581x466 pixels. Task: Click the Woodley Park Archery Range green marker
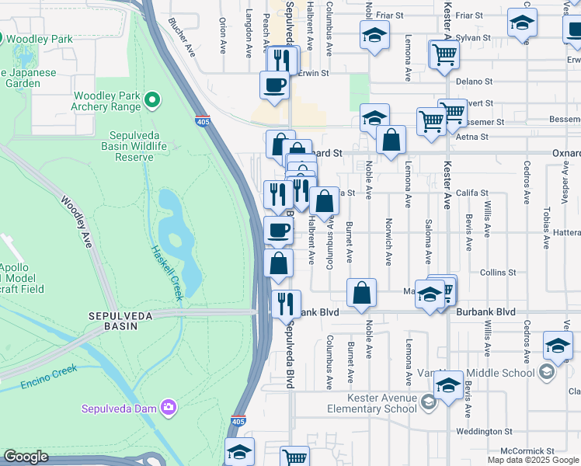click(x=152, y=99)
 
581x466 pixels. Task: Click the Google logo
click(x=26, y=457)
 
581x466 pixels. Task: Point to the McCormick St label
click(x=527, y=450)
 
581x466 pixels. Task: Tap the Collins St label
click(x=497, y=273)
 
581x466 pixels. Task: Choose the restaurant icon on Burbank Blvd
click(x=285, y=304)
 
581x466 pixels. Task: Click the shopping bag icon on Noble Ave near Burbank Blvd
click(x=361, y=294)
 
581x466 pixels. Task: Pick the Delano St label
click(x=474, y=81)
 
